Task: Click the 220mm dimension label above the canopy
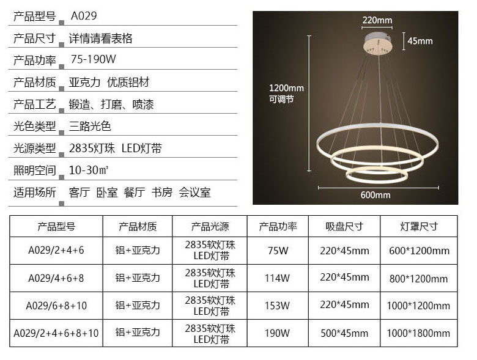tap(377, 20)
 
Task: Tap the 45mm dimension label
tap(420, 41)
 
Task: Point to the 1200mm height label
tap(286, 88)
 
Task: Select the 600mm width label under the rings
tap(375, 195)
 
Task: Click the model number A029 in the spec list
tap(84, 16)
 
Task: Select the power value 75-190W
tap(93, 60)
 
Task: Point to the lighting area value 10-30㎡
tap(89, 170)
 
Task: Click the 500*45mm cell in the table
tap(344, 333)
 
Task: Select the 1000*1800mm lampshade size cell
tap(419, 333)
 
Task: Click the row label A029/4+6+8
tap(56, 278)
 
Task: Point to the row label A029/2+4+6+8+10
tap(56, 333)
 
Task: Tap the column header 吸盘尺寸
tap(344, 227)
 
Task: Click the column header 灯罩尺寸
tap(419, 227)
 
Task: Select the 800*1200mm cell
tap(419, 279)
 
